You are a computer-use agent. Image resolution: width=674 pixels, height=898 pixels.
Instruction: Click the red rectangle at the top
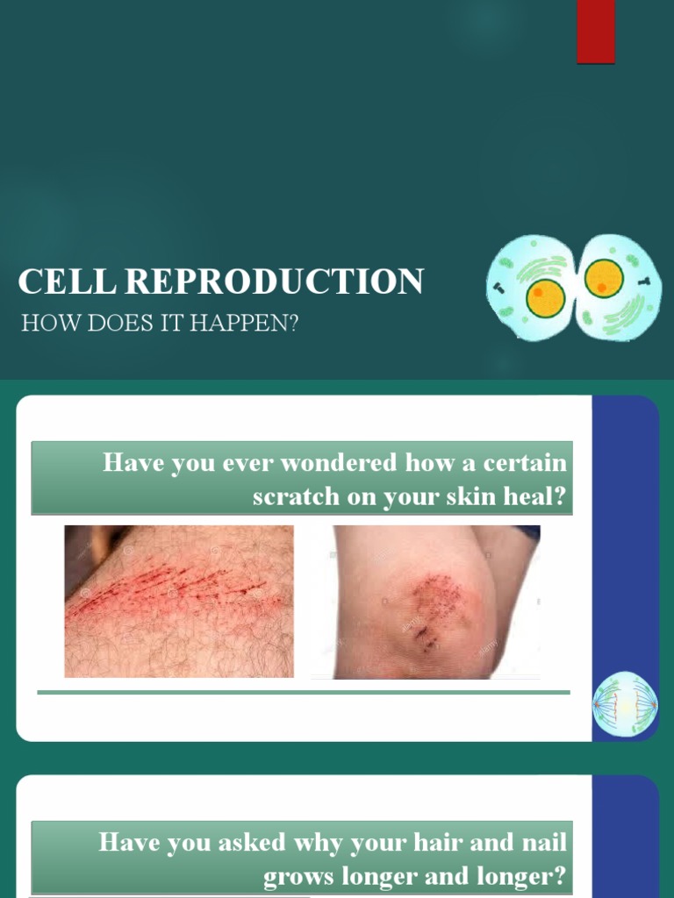pyautogui.click(x=595, y=32)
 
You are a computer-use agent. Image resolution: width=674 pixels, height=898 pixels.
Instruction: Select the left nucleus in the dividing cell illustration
pyautogui.click(x=545, y=298)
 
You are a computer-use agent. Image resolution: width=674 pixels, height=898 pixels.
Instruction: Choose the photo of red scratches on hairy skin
pyautogui.click(x=179, y=602)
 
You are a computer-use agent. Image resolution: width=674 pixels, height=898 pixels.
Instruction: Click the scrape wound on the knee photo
pyautogui.click(x=430, y=605)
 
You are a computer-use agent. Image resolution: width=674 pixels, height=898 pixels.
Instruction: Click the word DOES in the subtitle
pyautogui.click(x=110, y=323)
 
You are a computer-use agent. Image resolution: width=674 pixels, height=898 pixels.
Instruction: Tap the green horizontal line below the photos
pyautogui.click(x=304, y=692)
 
